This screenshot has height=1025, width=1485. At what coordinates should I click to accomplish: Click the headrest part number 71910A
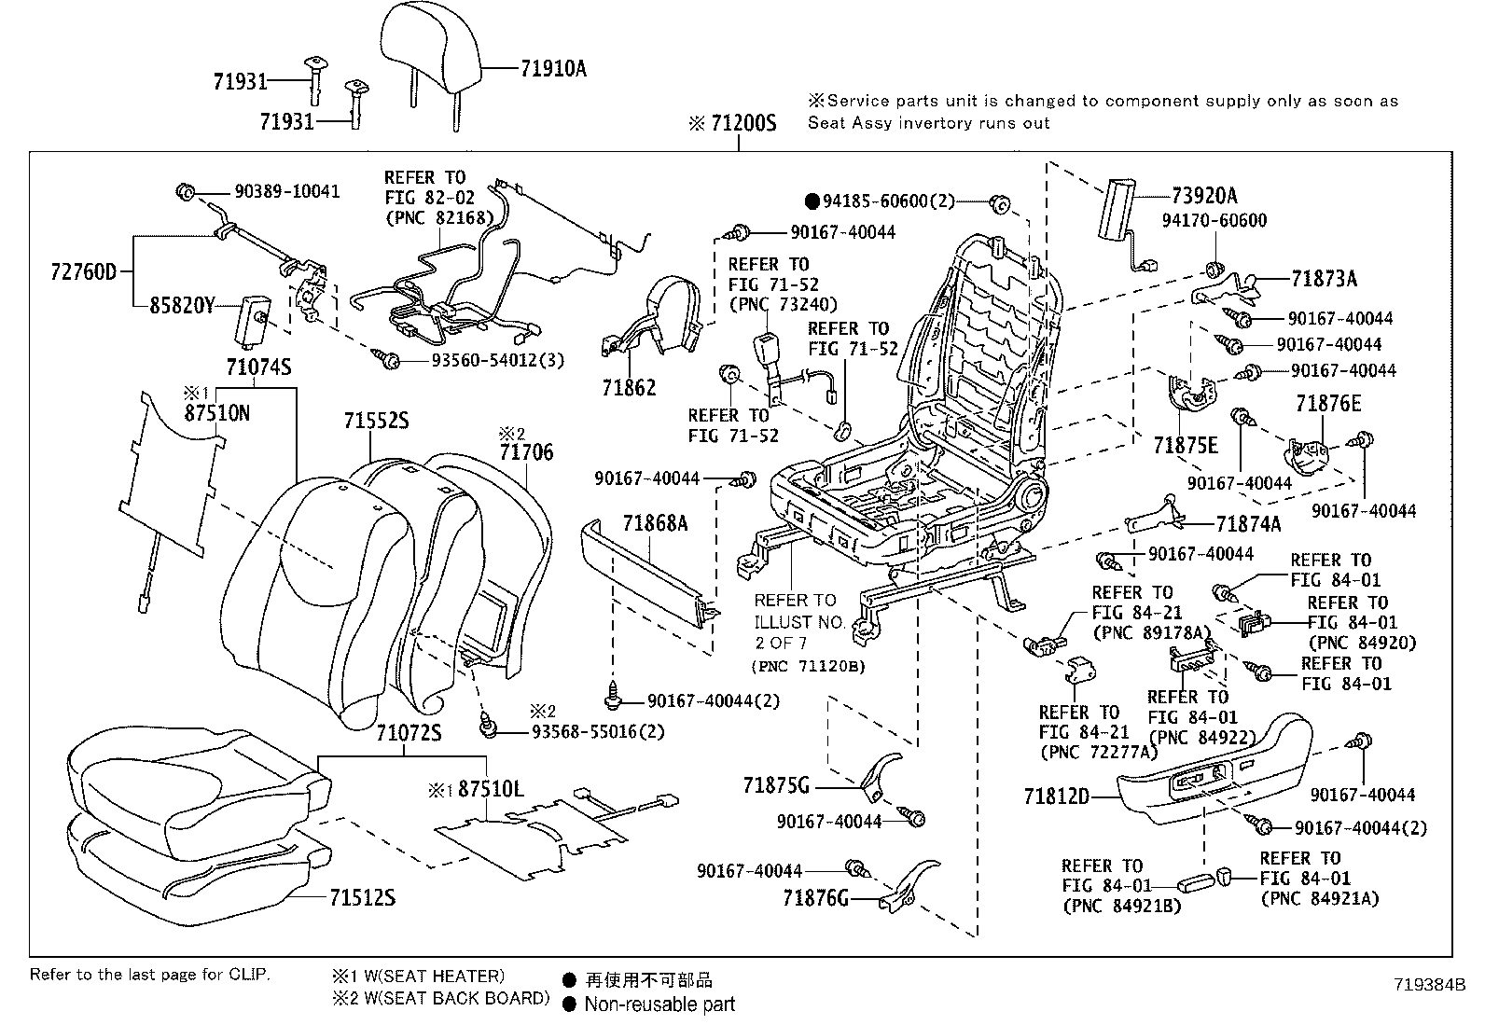[x=553, y=68]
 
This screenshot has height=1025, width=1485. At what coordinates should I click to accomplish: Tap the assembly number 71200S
[x=742, y=123]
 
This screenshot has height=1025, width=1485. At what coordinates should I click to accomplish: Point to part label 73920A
[x=1205, y=195]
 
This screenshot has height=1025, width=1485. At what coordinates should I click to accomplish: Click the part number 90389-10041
[x=287, y=191]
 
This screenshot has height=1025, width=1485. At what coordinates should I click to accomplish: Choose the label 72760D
[x=84, y=272]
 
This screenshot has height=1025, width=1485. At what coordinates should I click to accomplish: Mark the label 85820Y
[x=183, y=305]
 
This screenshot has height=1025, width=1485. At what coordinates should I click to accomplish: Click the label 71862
[x=629, y=388]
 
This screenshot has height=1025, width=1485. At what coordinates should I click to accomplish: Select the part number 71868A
[x=655, y=523]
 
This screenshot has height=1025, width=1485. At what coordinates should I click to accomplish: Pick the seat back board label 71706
[x=526, y=452]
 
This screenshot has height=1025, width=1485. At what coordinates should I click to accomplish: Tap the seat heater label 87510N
[x=216, y=412]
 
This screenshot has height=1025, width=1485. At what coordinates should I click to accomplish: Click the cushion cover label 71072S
[x=409, y=732]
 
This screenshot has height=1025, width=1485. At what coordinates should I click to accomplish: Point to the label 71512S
[x=362, y=897]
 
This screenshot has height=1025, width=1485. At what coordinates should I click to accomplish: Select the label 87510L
[x=491, y=789]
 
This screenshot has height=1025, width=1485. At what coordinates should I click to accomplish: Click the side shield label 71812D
[x=1056, y=796]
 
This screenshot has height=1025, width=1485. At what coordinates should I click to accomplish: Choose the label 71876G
[x=816, y=898]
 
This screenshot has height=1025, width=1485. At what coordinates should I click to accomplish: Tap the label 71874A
[x=1248, y=524]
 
